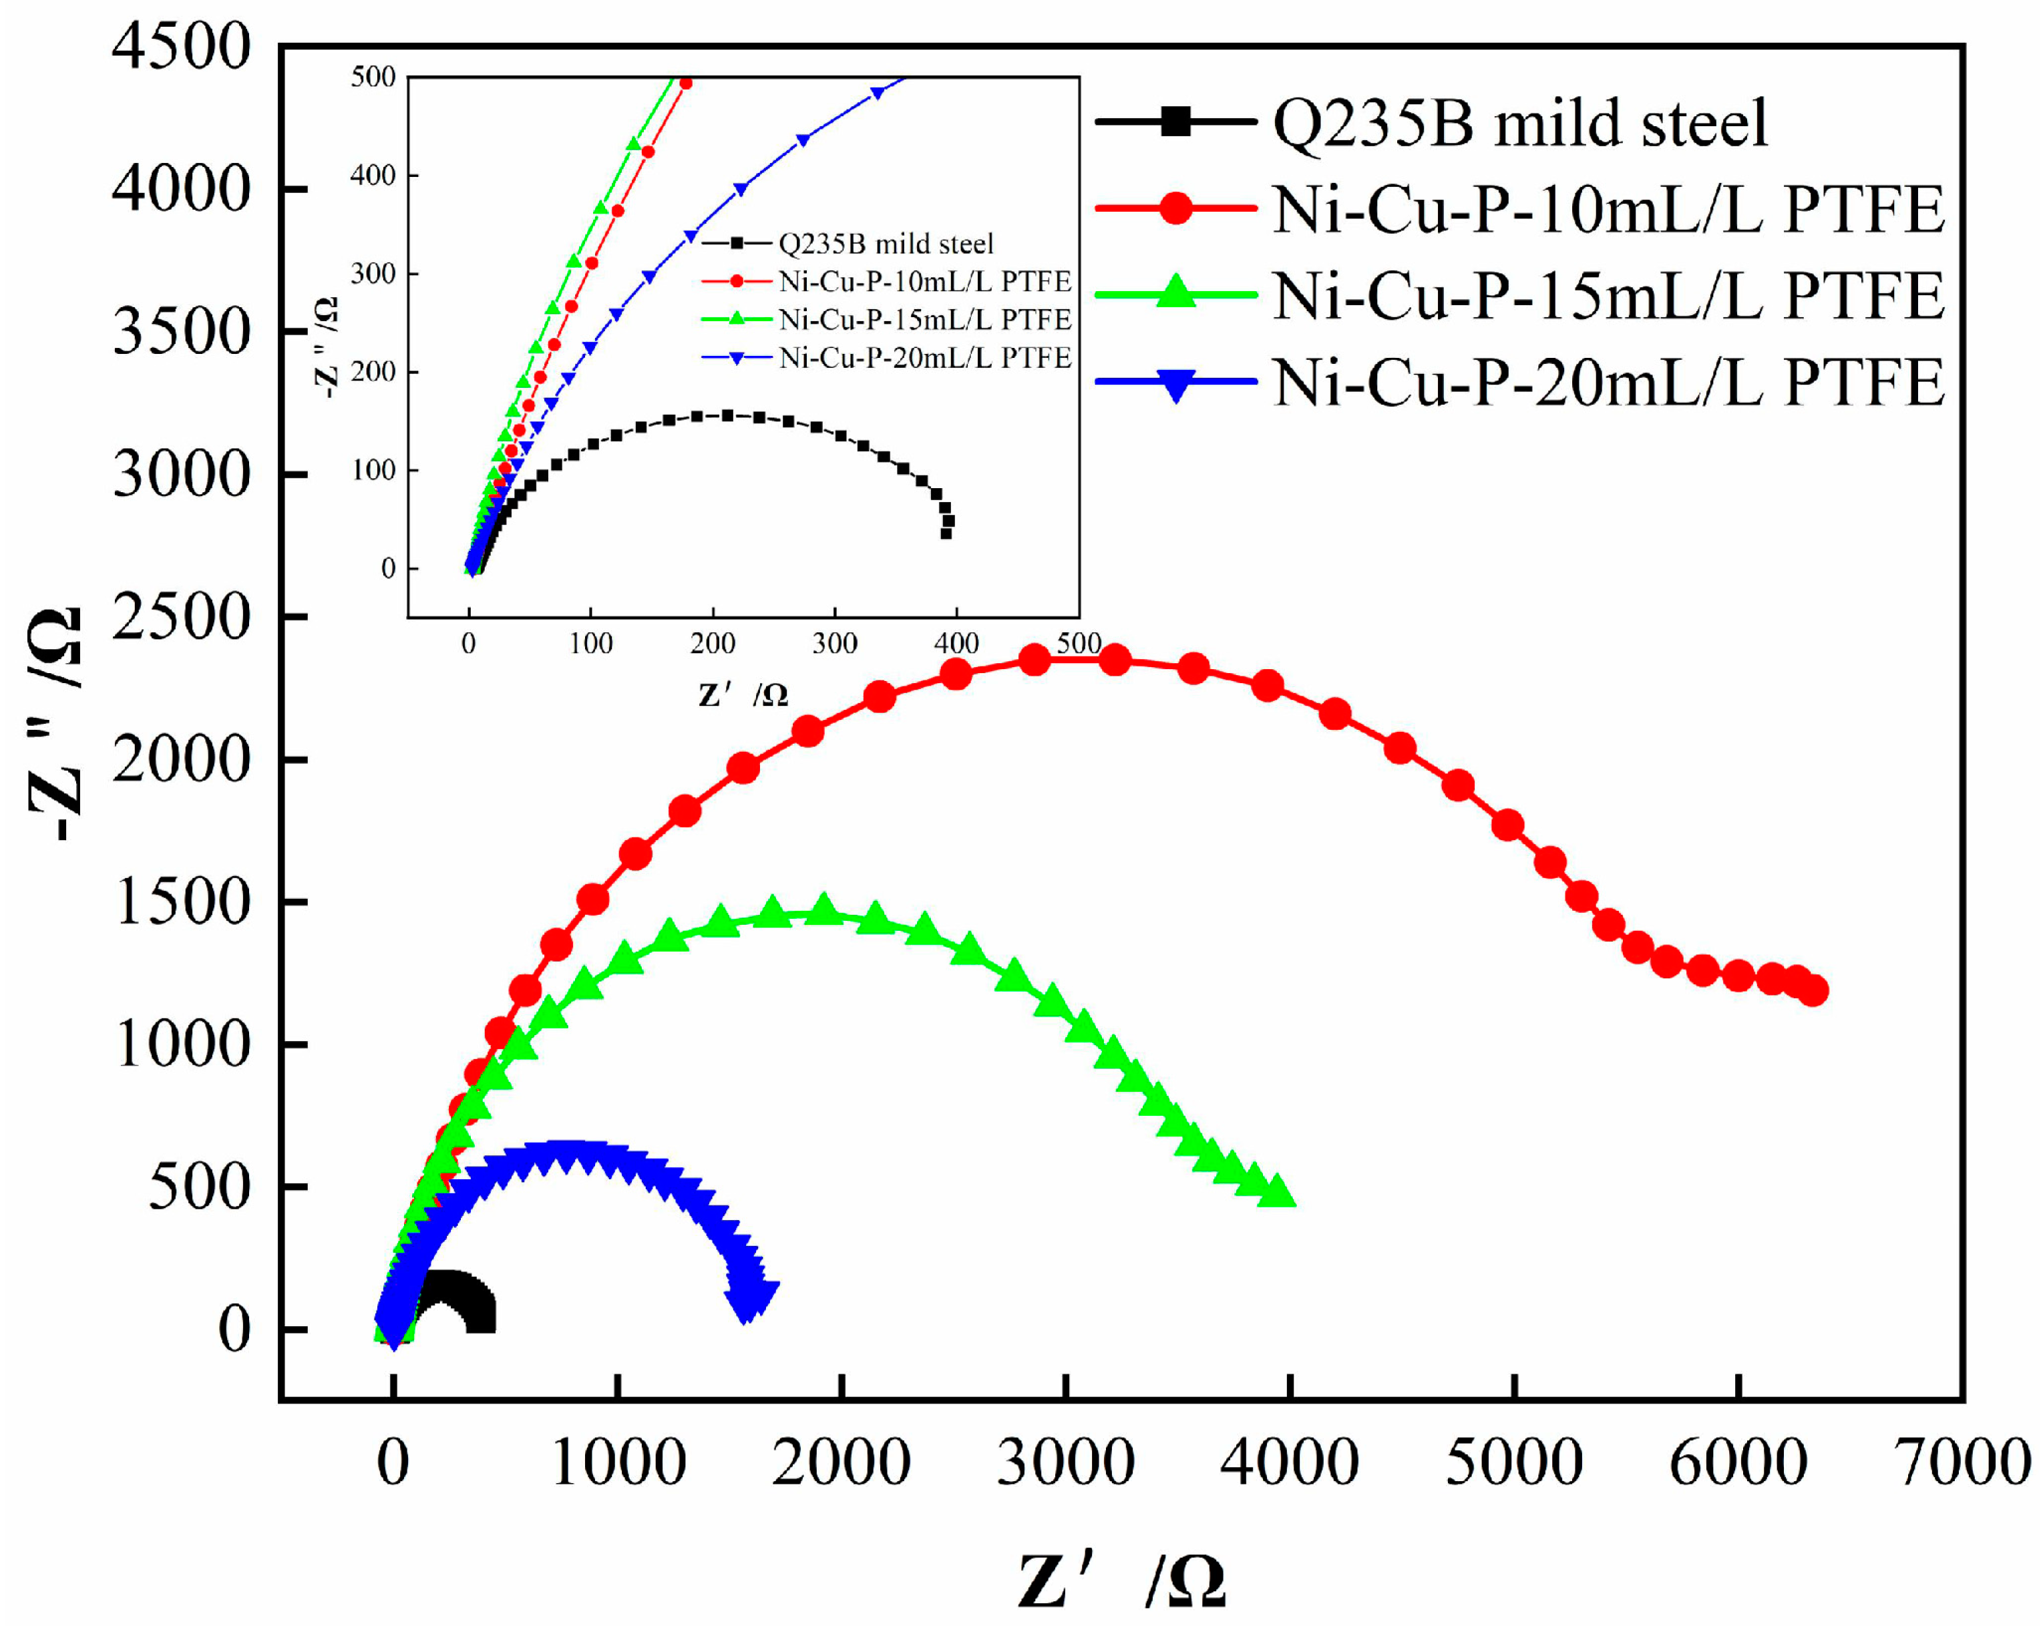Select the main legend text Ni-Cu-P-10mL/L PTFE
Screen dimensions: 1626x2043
point(1608,210)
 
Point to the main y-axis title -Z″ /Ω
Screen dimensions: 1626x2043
point(55,725)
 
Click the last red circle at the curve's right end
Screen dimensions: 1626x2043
point(1813,991)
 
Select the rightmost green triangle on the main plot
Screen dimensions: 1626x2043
point(1278,1191)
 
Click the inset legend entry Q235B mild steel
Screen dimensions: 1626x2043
point(886,244)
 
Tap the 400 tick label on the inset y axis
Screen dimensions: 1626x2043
point(373,176)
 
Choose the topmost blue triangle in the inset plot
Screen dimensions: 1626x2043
point(878,93)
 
